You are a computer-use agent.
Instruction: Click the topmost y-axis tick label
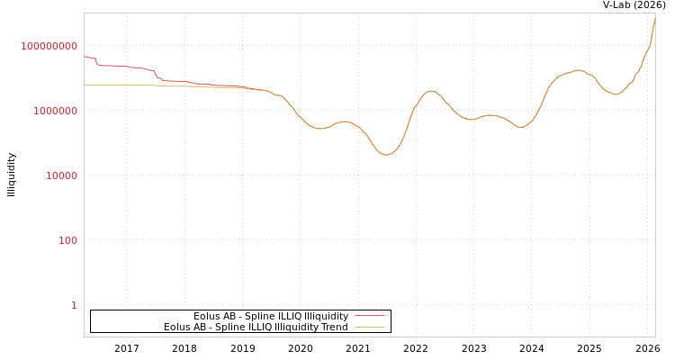click(x=49, y=46)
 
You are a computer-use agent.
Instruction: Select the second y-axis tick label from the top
click(x=49, y=111)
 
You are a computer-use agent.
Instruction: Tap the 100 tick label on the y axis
click(x=68, y=240)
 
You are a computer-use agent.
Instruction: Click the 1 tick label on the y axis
click(x=74, y=305)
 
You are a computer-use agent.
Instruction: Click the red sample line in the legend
click(x=370, y=317)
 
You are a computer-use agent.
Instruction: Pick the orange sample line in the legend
click(x=370, y=328)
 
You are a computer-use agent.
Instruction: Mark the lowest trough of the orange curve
click(x=386, y=155)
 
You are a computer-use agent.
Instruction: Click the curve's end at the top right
click(x=654, y=15)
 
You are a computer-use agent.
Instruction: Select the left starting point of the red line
click(x=85, y=56)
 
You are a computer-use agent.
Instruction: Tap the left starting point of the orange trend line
click(x=85, y=85)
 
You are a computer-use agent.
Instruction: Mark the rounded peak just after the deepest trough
click(x=431, y=91)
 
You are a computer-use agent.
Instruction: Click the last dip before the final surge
click(x=616, y=94)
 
